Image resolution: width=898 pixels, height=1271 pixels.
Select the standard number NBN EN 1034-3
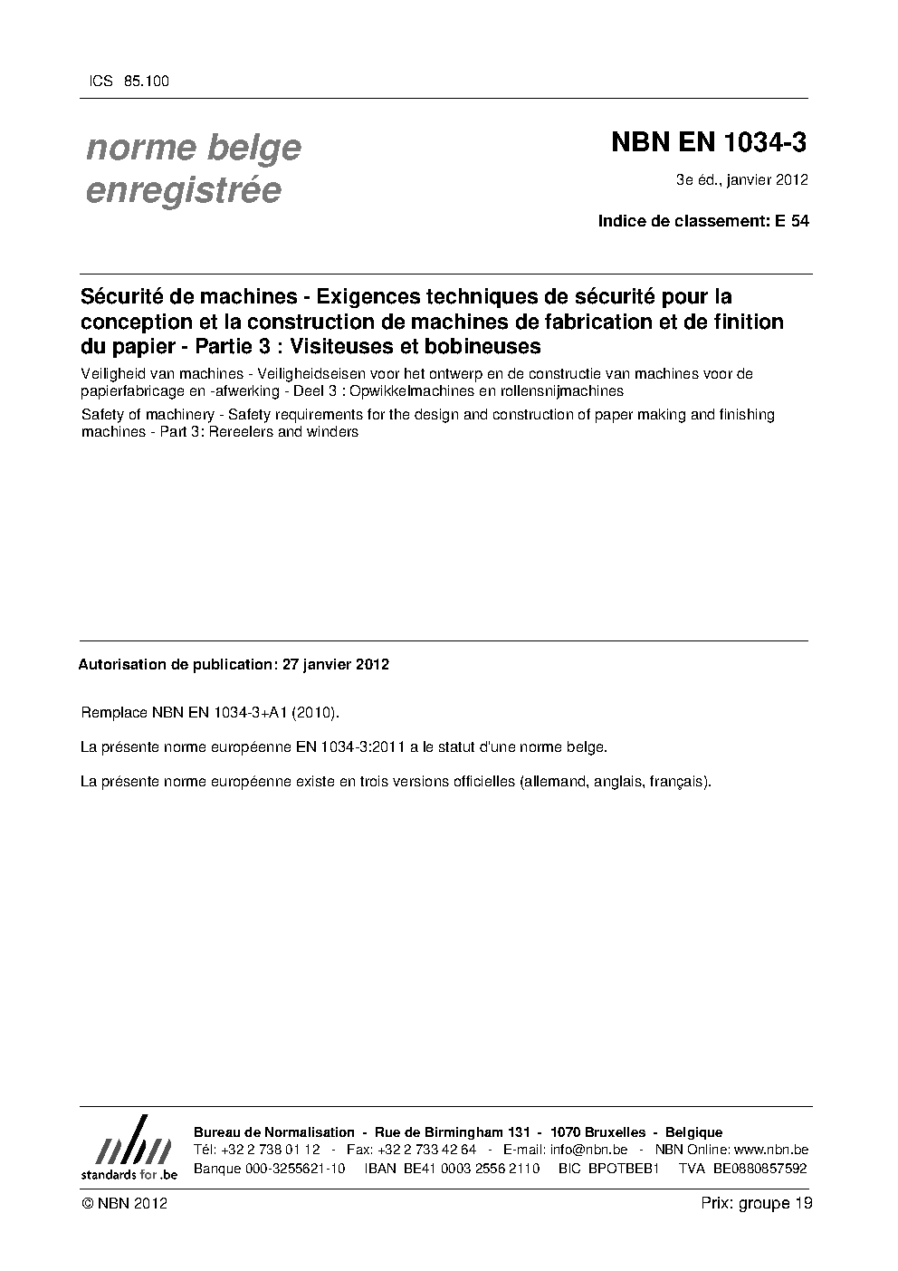click(709, 143)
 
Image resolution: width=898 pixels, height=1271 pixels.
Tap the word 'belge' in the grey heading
click(252, 147)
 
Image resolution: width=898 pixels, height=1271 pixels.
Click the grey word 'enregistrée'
click(184, 190)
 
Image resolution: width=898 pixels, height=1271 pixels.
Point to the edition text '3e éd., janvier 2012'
click(741, 179)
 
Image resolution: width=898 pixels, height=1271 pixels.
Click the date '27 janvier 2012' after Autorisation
click(336, 664)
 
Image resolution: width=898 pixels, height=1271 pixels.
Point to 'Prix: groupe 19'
click(756, 1203)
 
